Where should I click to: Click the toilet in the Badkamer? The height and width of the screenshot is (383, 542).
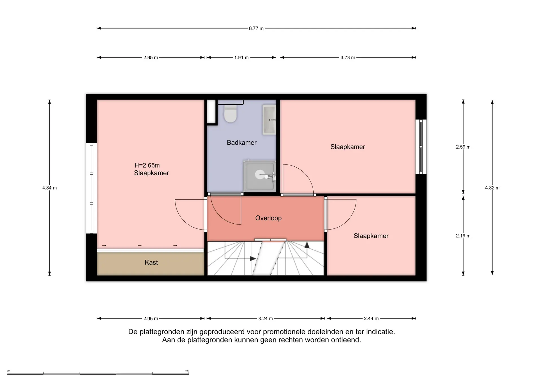point(230,114)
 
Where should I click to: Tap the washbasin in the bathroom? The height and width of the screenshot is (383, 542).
point(269,120)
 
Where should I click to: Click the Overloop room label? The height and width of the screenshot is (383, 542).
point(268,218)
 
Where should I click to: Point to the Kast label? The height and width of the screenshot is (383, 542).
point(151,263)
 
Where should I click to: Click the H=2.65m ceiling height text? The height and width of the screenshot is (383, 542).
point(147,165)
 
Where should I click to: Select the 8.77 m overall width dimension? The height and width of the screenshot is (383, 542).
point(256,28)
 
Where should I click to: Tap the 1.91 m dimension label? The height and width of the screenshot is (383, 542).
point(241,58)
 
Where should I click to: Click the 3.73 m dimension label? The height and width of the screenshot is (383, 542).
point(348,58)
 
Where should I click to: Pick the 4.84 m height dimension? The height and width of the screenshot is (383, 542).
point(50,188)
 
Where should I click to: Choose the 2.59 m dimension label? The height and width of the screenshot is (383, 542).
point(463,147)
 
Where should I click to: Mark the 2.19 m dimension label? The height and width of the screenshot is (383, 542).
point(463,236)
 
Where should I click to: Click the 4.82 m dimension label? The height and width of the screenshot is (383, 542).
point(492,188)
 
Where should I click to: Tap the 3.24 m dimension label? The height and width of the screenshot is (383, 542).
point(266,318)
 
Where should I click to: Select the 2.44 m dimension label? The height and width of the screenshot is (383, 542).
point(371,318)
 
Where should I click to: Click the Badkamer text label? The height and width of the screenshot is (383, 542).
point(242,143)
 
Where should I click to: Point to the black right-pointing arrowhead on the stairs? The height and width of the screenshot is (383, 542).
point(253,259)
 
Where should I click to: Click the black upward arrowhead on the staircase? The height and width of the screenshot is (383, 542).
point(307,245)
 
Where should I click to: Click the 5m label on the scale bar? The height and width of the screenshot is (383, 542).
point(187,371)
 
